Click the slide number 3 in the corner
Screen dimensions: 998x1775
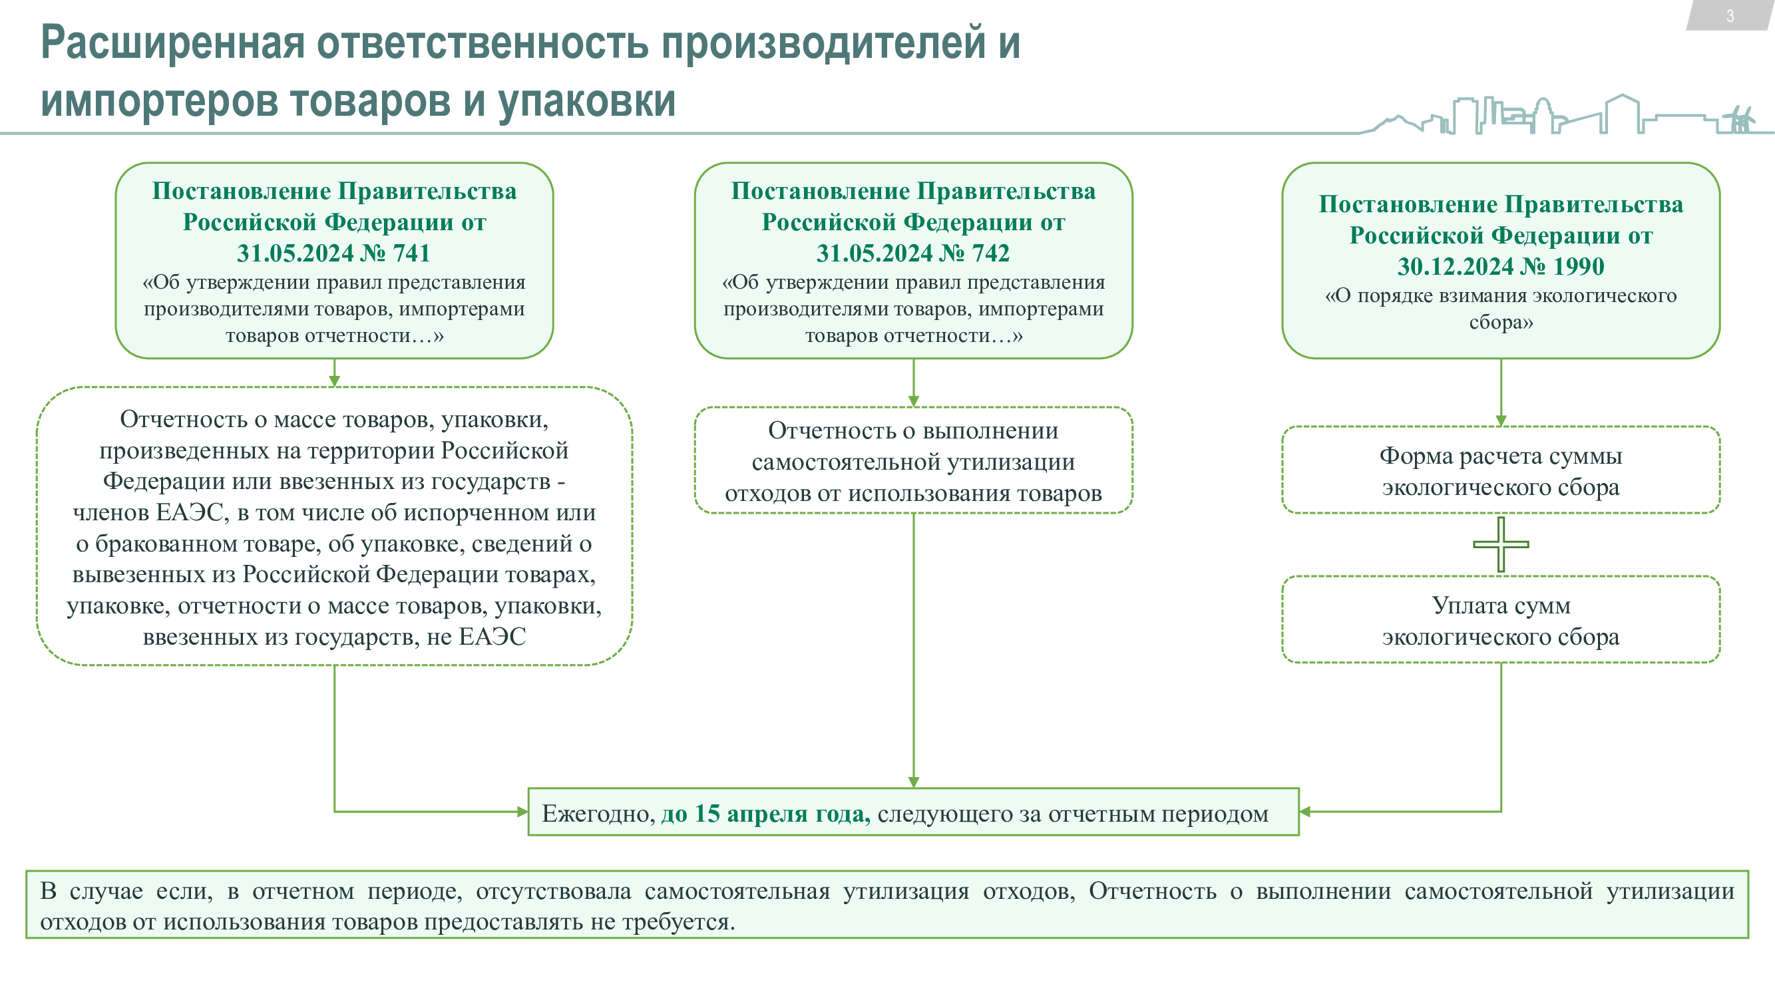click(x=1730, y=16)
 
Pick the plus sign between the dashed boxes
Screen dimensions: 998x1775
click(x=1501, y=544)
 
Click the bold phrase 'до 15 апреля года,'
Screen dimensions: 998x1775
click(x=765, y=814)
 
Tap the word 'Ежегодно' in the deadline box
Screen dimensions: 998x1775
click(x=597, y=814)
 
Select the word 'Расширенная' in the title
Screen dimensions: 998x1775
click(x=172, y=43)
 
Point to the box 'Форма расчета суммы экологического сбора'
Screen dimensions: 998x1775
click(x=1501, y=470)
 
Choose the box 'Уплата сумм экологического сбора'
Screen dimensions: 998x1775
click(x=1501, y=620)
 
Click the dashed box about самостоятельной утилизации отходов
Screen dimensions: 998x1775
click(x=913, y=461)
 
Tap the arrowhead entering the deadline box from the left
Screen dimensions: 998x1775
click(x=523, y=811)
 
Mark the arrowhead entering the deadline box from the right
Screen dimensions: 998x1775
click(x=1304, y=811)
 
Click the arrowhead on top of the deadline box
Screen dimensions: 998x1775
click(x=914, y=782)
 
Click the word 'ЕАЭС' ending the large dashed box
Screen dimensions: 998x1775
click(x=492, y=637)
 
